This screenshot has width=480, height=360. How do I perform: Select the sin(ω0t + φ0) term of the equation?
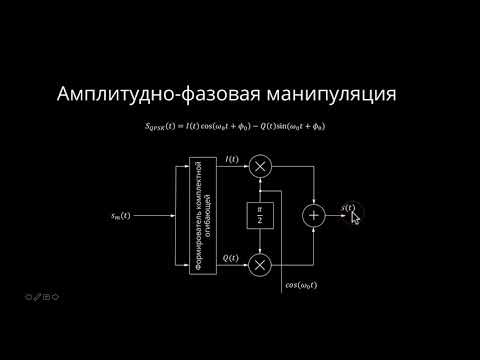tap(300, 127)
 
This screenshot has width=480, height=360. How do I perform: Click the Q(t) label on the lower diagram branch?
tap(231, 259)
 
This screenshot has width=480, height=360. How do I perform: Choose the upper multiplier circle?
tap(261, 168)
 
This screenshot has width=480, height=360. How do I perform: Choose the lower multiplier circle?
tap(261, 264)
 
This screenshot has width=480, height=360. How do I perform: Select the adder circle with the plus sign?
tap(315, 215)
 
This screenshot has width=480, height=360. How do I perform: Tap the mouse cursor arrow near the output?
tap(355, 216)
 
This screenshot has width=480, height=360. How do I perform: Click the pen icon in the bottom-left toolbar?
tap(36, 297)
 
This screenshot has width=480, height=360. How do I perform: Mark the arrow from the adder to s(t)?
tap(334, 215)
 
